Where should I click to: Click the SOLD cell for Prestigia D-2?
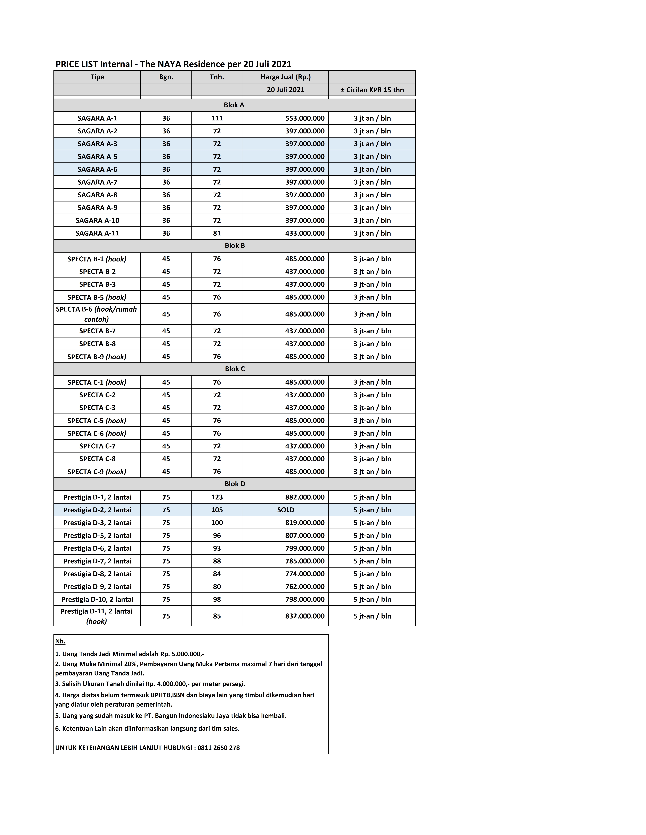click(286, 510)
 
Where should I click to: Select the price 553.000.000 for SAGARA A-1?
click(305, 118)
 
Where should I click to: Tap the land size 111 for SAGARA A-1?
click(217, 118)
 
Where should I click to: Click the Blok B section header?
click(235, 245)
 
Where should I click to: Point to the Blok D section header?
click(235, 484)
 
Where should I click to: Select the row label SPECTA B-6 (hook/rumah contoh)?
click(96, 314)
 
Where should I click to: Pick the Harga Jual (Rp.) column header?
click(286, 77)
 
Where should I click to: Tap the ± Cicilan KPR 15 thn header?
click(372, 90)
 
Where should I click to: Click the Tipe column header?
click(97, 77)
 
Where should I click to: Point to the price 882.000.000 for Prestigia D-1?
click(305, 497)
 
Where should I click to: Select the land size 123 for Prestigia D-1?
click(217, 497)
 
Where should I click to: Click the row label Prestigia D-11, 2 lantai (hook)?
click(96, 616)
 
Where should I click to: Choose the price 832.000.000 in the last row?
click(305, 616)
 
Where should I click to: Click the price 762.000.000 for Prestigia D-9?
click(305, 587)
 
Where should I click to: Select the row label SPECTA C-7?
click(97, 446)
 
